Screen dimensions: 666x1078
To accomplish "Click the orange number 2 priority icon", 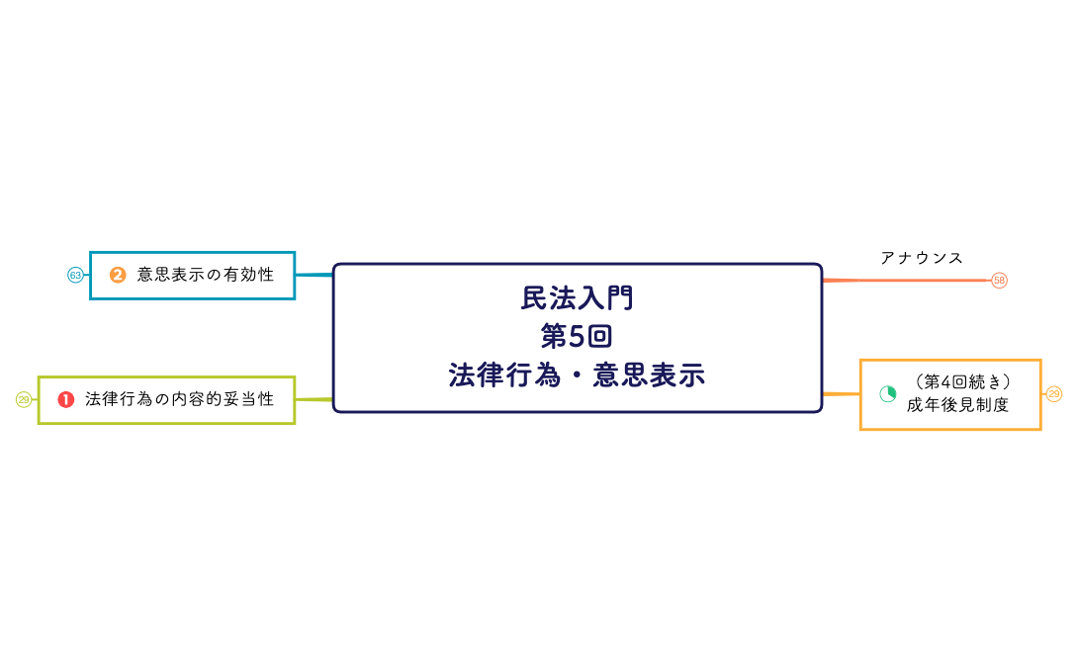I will (118, 275).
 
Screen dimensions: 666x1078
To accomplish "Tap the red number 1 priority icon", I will (66, 399).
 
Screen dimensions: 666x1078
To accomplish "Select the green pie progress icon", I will (887, 393).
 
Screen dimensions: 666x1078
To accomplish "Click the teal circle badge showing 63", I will (75, 275).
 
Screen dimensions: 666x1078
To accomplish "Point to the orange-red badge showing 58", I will (999, 281).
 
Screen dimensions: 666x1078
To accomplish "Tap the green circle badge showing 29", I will (24, 399).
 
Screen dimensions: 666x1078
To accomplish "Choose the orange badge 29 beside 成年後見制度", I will (1053, 394).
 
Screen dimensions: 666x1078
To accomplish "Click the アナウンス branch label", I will (922, 258).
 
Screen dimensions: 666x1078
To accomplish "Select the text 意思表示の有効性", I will (205, 275).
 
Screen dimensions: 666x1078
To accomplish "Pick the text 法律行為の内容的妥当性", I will (179, 399).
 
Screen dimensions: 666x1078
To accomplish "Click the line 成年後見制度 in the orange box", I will (957, 405).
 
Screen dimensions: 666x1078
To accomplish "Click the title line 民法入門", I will (577, 297).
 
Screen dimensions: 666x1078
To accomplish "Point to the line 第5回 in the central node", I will (577, 336).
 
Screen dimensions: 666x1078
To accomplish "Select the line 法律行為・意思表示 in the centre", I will (577, 375).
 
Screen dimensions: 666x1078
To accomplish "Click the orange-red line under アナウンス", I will (905, 281).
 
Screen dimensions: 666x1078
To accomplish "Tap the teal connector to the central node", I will (314, 275).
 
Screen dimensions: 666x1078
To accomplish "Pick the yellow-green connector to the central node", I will (314, 399).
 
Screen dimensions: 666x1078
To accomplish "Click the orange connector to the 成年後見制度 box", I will (841, 394).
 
